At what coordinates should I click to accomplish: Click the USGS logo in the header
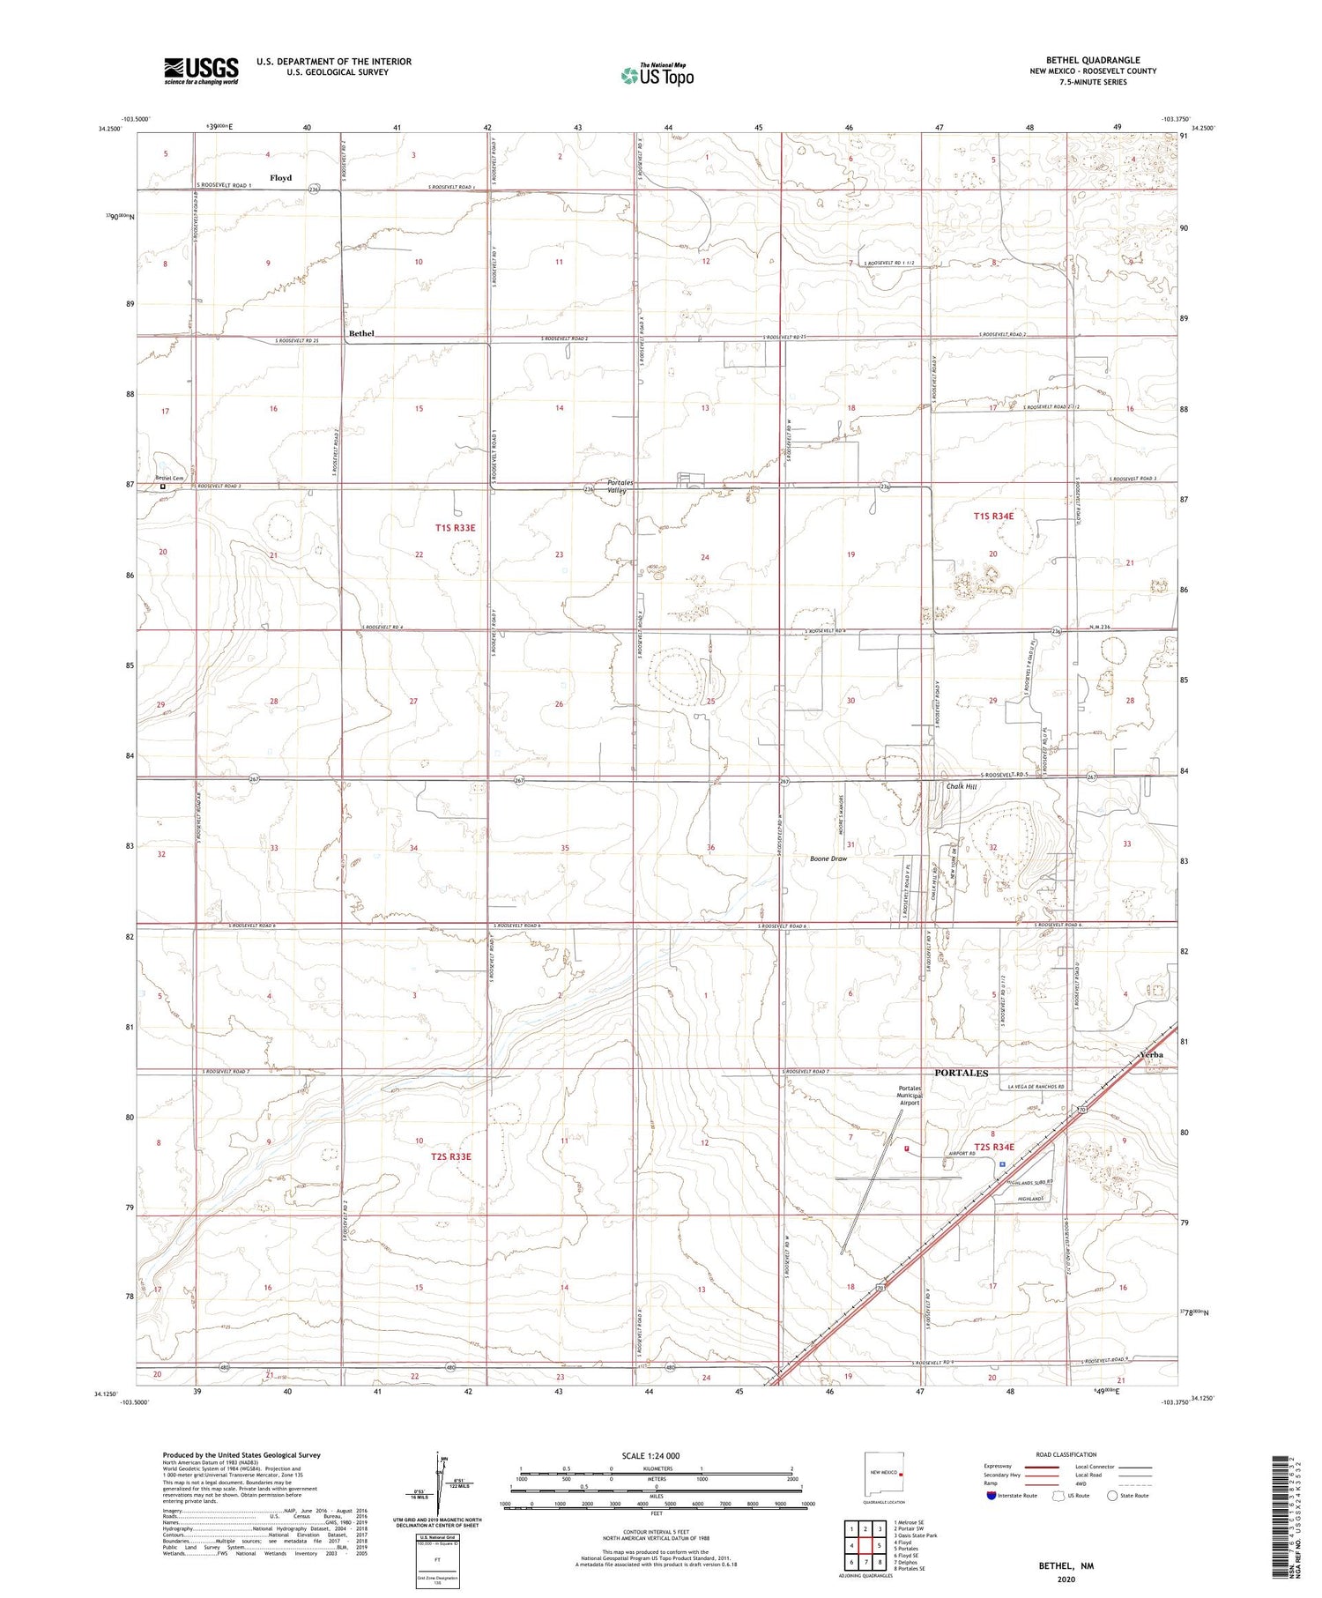(x=201, y=71)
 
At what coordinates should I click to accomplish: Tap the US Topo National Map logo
(x=657, y=76)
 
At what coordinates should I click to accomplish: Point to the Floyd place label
(x=280, y=178)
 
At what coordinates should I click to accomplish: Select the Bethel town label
(x=361, y=333)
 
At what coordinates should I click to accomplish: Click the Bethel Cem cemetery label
(x=171, y=479)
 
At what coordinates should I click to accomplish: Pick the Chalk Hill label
(x=962, y=786)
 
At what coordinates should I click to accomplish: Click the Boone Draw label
(x=828, y=858)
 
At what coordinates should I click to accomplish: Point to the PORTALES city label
(x=961, y=1073)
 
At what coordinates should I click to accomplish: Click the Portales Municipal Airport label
(x=909, y=1095)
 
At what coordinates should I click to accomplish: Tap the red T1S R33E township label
(x=455, y=527)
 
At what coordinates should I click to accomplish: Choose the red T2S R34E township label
(x=994, y=1147)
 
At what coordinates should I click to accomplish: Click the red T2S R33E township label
(x=451, y=1156)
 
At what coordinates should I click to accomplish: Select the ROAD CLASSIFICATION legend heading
(x=1066, y=1454)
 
